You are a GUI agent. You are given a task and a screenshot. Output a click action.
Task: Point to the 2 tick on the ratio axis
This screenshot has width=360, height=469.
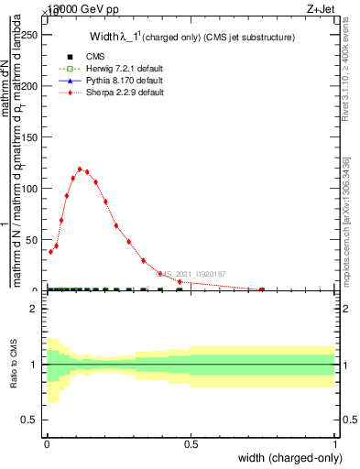34,309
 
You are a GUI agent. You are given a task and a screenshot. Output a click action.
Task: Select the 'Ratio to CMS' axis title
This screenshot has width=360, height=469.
14,364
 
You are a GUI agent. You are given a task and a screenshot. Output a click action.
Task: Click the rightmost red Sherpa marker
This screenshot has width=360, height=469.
262,289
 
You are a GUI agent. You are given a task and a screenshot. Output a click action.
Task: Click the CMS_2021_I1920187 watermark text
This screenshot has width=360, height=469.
191,273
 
